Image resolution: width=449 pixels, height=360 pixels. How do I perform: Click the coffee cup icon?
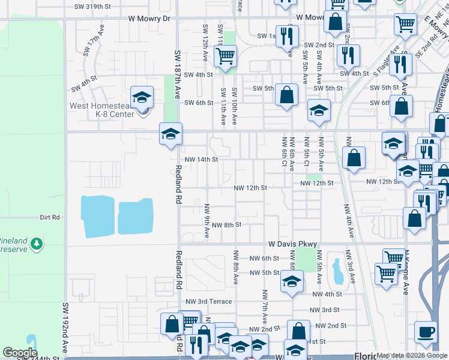point(426,332)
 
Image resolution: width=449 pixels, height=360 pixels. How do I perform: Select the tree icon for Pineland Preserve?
point(38,244)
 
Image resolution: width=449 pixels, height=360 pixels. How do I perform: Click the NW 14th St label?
point(201,160)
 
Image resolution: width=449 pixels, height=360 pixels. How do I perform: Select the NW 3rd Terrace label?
point(208,301)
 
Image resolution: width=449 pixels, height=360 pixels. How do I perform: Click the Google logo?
point(20,353)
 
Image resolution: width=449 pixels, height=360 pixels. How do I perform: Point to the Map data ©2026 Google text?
point(411,355)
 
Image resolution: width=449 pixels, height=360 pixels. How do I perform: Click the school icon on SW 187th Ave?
point(170,134)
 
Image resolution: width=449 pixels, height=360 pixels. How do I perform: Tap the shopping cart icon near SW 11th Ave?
point(225,56)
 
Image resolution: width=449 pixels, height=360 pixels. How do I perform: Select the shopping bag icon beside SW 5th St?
point(288,95)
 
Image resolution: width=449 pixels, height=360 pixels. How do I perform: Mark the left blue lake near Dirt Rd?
point(98,215)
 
